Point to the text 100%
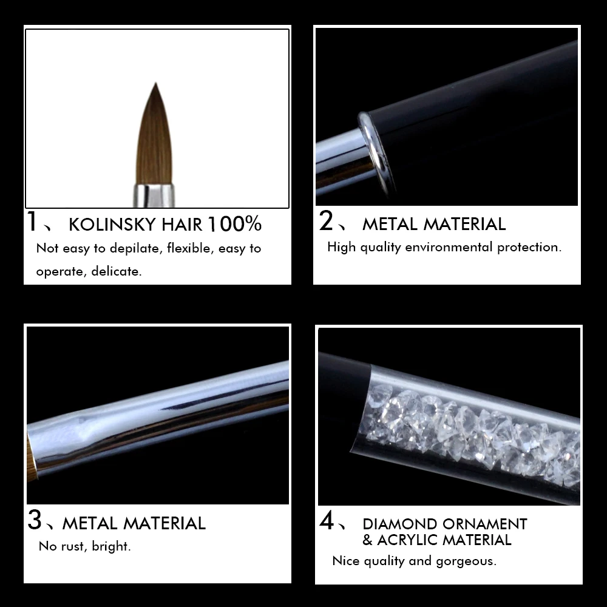point(235,224)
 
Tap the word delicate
point(116,271)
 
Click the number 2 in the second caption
point(326,222)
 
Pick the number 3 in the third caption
point(35,521)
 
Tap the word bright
point(112,546)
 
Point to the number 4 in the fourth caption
point(327,521)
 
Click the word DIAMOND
point(400,524)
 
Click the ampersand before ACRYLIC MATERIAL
point(367,540)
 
